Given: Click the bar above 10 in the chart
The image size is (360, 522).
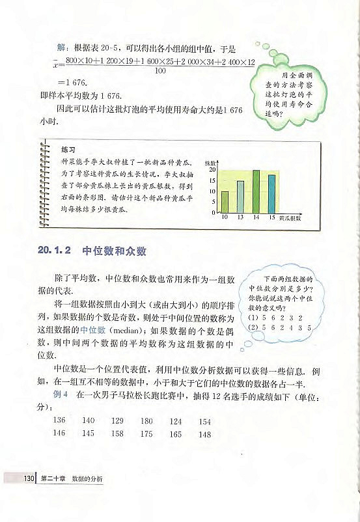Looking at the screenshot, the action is [x=225, y=202].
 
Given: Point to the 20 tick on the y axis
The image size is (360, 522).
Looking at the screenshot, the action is [x=212, y=169].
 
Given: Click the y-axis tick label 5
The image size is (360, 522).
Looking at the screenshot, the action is [x=214, y=202].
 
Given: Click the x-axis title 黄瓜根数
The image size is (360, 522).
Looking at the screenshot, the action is [x=290, y=219].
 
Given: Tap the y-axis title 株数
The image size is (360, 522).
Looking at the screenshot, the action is [x=210, y=161].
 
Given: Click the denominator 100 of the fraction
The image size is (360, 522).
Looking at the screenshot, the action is [x=156, y=71].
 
